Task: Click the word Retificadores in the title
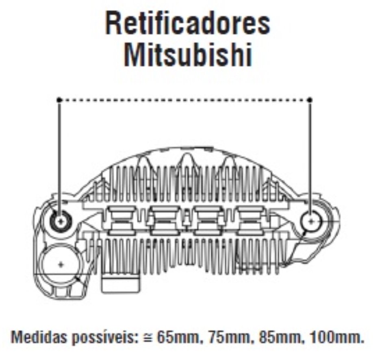pyautogui.click(x=187, y=24)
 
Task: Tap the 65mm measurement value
pyautogui.click(x=177, y=337)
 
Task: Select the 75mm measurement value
pyautogui.click(x=229, y=337)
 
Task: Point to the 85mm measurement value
pyautogui.click(x=281, y=337)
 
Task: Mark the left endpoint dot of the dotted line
pyautogui.click(x=59, y=100)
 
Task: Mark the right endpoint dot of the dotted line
pyautogui.click(x=310, y=100)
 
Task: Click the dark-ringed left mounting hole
pyautogui.click(x=61, y=221)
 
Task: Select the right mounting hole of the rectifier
pyautogui.click(x=311, y=221)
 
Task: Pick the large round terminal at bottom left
pyautogui.click(x=61, y=264)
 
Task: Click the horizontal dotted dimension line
pyautogui.click(x=184, y=100)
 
